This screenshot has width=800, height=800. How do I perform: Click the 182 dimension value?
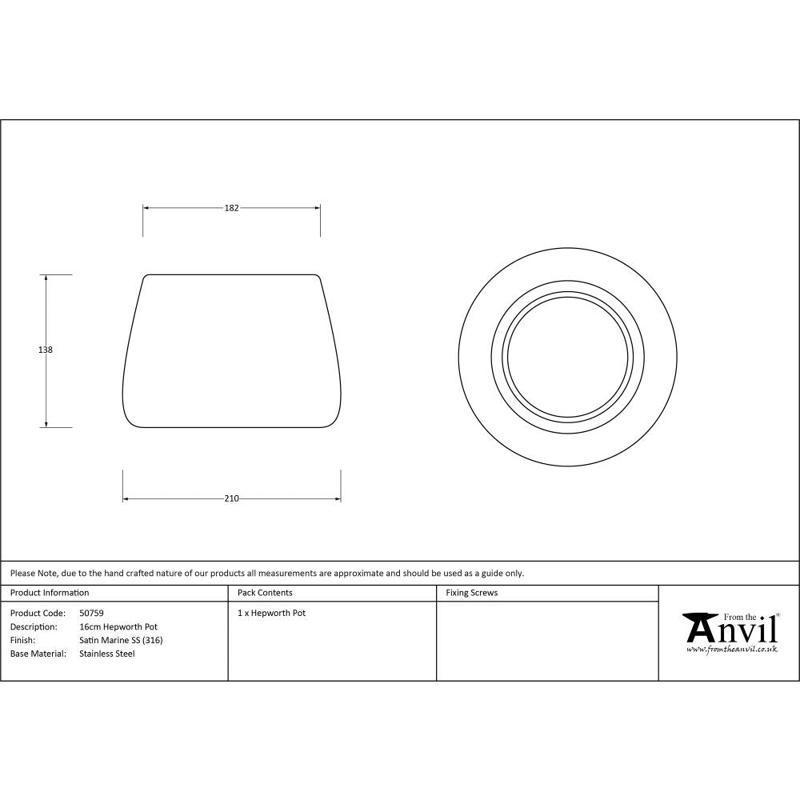pyautogui.click(x=231, y=208)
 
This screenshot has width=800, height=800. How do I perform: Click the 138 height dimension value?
pyautogui.click(x=46, y=350)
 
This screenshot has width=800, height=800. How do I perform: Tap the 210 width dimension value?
pyautogui.click(x=231, y=499)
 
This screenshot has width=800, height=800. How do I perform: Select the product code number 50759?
pyautogui.click(x=91, y=614)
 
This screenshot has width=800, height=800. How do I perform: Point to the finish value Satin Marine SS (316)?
pyautogui.click(x=121, y=640)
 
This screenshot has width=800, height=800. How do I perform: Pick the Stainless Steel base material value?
pyautogui.click(x=107, y=654)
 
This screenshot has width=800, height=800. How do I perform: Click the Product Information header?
pyautogui.click(x=50, y=593)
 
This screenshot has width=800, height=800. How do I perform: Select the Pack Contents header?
pyautogui.click(x=265, y=593)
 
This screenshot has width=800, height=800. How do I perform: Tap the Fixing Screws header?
pyautogui.click(x=472, y=593)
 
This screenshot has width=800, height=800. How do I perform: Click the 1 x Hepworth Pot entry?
pyautogui.click(x=272, y=614)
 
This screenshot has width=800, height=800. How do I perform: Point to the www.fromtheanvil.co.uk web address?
pyautogui.click(x=731, y=650)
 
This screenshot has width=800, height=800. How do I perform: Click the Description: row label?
pyautogui.click(x=34, y=627)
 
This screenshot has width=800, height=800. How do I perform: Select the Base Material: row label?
pyautogui.click(x=38, y=654)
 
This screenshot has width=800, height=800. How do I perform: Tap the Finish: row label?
pyautogui.click(x=22, y=640)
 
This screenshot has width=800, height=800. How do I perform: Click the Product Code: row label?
pyautogui.click(x=37, y=614)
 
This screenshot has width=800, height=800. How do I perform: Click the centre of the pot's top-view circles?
pyautogui.click(x=568, y=356)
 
